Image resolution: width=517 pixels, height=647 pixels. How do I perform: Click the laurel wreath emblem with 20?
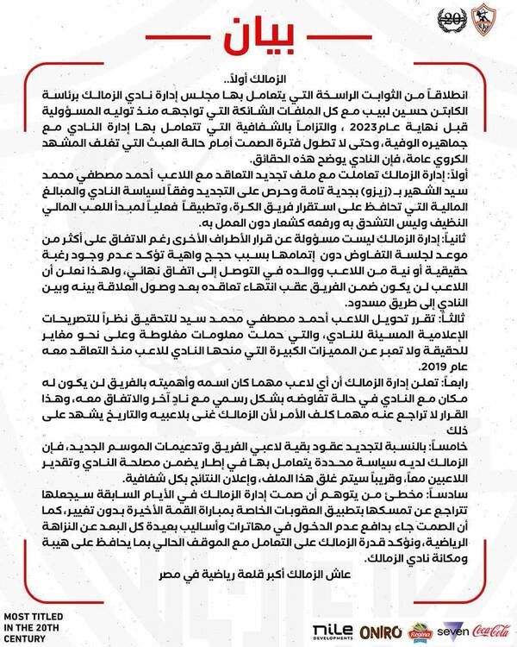(x=451, y=18)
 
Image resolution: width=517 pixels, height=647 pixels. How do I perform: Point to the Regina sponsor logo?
(x=420, y=631)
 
